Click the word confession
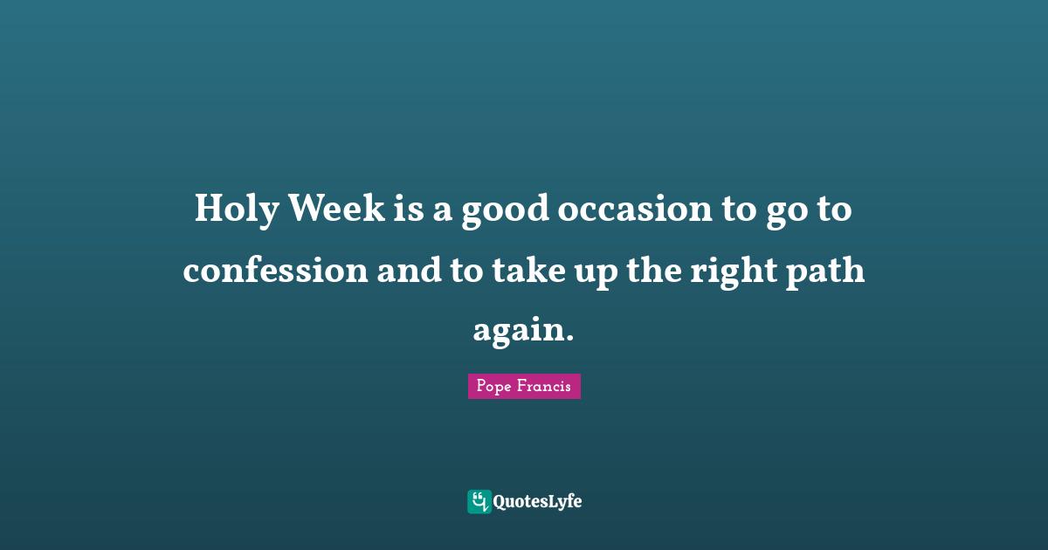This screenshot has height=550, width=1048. (275, 272)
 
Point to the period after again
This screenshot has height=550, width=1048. (570, 340)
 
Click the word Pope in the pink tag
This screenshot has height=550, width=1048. (493, 387)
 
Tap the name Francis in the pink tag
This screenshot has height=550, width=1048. (545, 387)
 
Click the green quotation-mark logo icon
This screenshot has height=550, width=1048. (479, 501)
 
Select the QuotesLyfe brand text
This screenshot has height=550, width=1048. (537, 502)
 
